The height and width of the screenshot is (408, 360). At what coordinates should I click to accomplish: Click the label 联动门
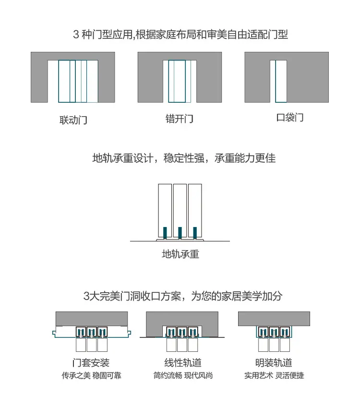pyautogui.click(x=73, y=120)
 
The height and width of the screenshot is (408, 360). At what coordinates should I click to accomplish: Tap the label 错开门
pyautogui.click(x=180, y=119)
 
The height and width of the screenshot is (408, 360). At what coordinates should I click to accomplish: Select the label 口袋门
pyautogui.click(x=290, y=117)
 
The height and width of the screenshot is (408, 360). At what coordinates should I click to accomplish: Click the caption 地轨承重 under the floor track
pyautogui.click(x=180, y=254)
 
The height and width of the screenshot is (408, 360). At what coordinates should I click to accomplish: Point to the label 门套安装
pyautogui.click(x=91, y=362)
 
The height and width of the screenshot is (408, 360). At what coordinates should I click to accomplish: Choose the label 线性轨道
pyautogui.click(x=183, y=362)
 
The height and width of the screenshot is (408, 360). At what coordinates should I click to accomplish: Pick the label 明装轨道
pyautogui.click(x=274, y=362)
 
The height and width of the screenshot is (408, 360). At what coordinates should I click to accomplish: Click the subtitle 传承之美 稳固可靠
pyautogui.click(x=92, y=375)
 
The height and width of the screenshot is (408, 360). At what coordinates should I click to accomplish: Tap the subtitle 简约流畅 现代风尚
pyautogui.click(x=183, y=375)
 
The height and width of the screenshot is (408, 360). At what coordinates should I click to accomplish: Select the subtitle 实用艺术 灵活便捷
pyautogui.click(x=274, y=375)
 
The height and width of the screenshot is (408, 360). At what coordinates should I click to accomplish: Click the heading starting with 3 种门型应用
pyautogui.click(x=180, y=35)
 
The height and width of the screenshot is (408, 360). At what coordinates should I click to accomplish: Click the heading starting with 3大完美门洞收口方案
pyautogui.click(x=183, y=296)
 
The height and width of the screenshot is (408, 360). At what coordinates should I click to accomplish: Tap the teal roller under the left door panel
pyautogui.click(x=165, y=233)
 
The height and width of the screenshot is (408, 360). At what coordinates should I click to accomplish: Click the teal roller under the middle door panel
pyautogui.click(x=180, y=233)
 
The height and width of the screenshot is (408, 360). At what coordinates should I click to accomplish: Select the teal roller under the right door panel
pyautogui.click(x=195, y=233)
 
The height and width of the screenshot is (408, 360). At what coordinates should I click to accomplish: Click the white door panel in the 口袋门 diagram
pyautogui.click(x=281, y=82)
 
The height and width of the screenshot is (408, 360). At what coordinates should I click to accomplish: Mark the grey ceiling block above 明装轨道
pyautogui.click(x=274, y=319)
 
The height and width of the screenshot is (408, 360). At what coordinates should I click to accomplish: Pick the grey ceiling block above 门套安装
pyautogui.click(x=92, y=319)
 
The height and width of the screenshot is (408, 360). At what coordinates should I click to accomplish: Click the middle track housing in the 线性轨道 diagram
pyautogui.click(x=182, y=332)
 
